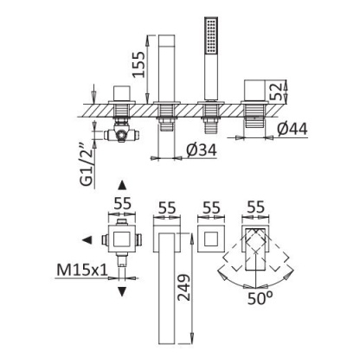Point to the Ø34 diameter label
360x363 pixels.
tap(202, 151)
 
